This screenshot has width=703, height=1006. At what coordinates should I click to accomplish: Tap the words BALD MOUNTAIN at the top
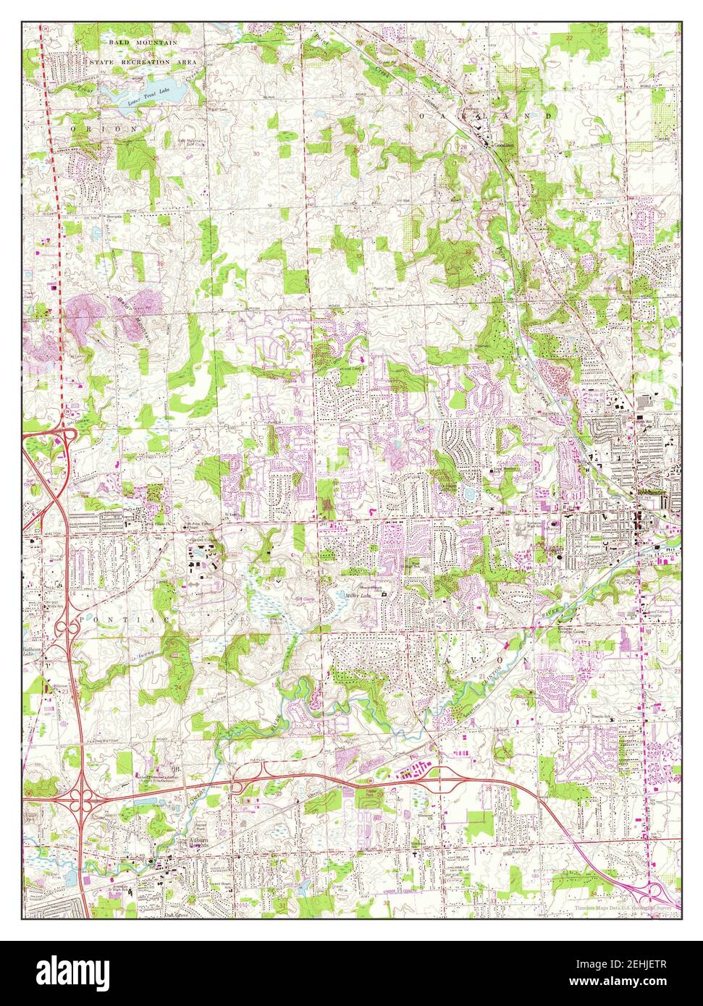[143, 43]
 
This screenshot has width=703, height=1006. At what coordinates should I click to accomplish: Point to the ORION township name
[106, 127]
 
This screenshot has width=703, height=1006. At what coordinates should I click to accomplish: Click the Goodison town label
[504, 145]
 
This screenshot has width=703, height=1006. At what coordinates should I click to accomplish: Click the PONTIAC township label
[116, 621]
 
